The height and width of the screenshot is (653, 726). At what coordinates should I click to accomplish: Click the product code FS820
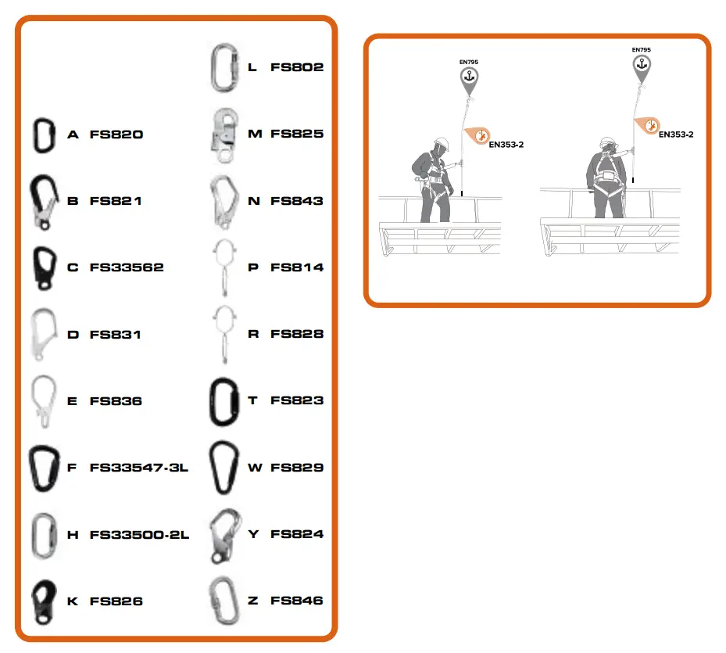coord(116,135)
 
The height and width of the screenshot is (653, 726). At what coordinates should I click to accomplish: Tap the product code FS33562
coord(127,267)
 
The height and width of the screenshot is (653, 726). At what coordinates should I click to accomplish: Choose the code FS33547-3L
coord(139,468)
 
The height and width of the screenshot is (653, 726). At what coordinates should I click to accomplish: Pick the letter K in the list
coord(73,601)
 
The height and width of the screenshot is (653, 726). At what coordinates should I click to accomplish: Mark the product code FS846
coord(297,601)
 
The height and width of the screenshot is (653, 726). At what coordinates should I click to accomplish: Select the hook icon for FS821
coord(42,201)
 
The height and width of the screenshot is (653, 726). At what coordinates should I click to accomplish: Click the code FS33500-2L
coord(139,535)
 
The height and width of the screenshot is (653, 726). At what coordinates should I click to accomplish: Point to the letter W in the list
coord(255,468)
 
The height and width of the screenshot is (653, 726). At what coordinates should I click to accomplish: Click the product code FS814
coord(297,267)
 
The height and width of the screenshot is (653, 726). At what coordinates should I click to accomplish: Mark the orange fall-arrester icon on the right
coord(647,124)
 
